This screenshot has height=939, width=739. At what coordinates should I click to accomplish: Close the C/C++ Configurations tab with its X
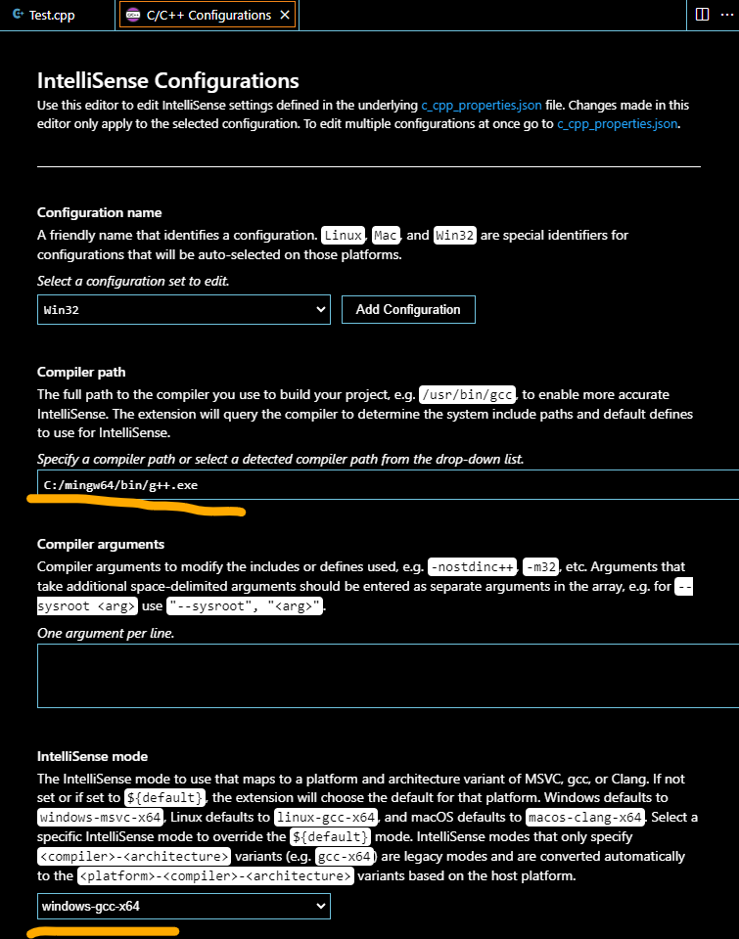point(285,15)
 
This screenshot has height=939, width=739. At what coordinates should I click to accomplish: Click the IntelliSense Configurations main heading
point(167,80)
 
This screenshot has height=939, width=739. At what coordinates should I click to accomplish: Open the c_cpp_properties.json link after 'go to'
point(617,124)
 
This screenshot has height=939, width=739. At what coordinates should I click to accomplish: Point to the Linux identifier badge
point(344,235)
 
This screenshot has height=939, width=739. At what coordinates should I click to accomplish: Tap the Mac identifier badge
point(385,235)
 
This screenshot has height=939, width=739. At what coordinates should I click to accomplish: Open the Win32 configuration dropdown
point(183,309)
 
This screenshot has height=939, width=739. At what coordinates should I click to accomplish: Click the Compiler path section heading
point(81,372)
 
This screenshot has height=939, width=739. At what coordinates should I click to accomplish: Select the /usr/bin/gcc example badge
point(467,395)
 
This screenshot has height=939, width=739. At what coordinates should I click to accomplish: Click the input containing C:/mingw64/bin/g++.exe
point(382,485)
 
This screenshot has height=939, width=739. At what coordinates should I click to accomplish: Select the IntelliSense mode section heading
point(92,756)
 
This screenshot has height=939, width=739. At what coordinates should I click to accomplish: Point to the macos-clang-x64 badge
point(583,817)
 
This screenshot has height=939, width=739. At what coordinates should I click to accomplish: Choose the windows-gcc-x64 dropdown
point(183,907)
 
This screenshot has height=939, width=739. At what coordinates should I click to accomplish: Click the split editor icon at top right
point(702,15)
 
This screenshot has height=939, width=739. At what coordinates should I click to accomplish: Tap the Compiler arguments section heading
point(101,544)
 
